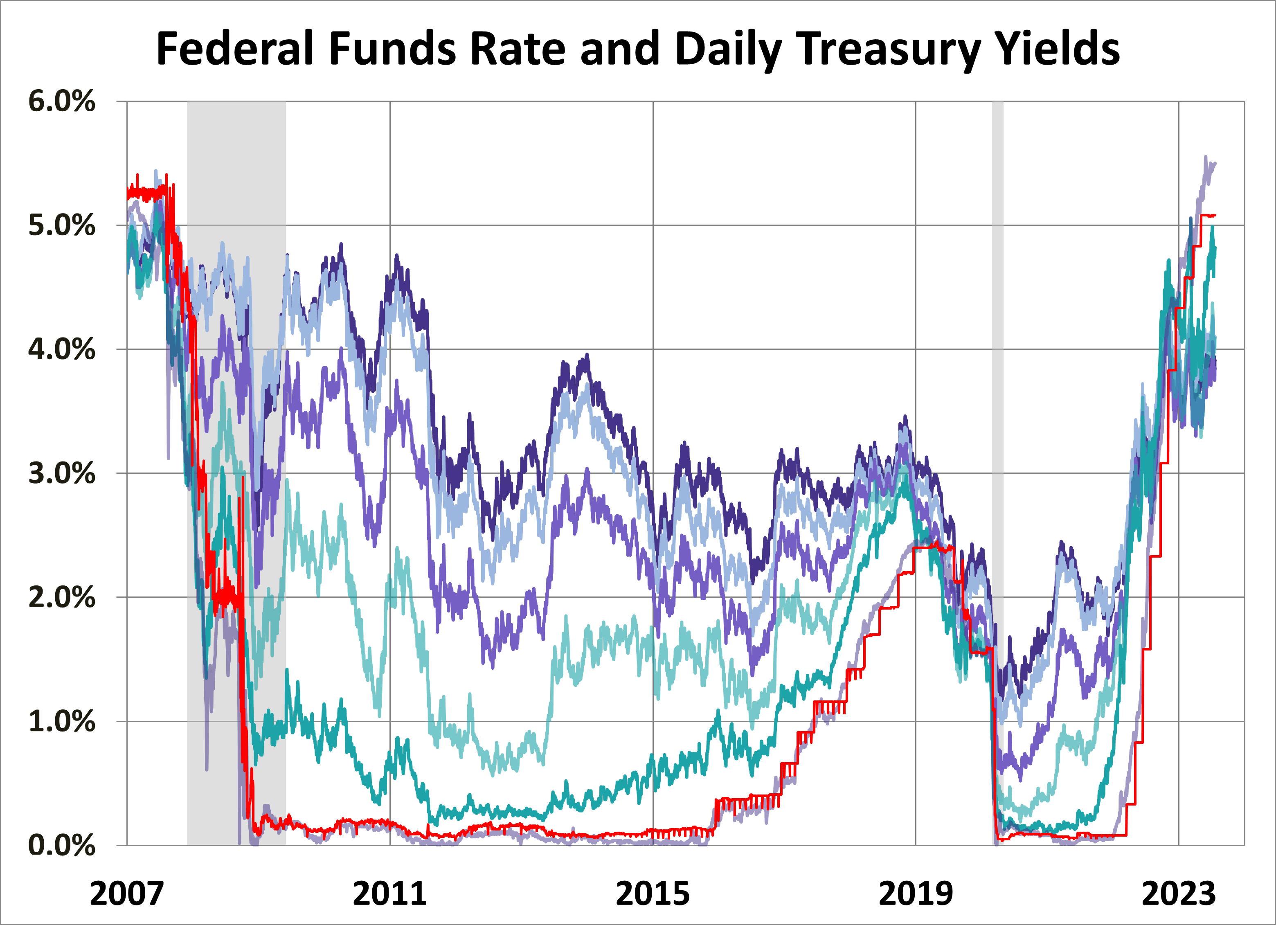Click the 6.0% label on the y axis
pos(61,102)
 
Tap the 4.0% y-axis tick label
pos(61,349)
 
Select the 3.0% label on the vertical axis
pos(61,473)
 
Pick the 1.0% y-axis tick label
pos(61,721)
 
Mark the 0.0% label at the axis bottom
pos(61,845)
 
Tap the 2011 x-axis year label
pos(389,894)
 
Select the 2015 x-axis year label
pos(653,894)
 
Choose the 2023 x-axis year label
pos(1178,894)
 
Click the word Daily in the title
pos(728,50)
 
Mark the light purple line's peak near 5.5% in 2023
pos(1205,158)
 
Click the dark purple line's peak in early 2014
pos(587,356)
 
